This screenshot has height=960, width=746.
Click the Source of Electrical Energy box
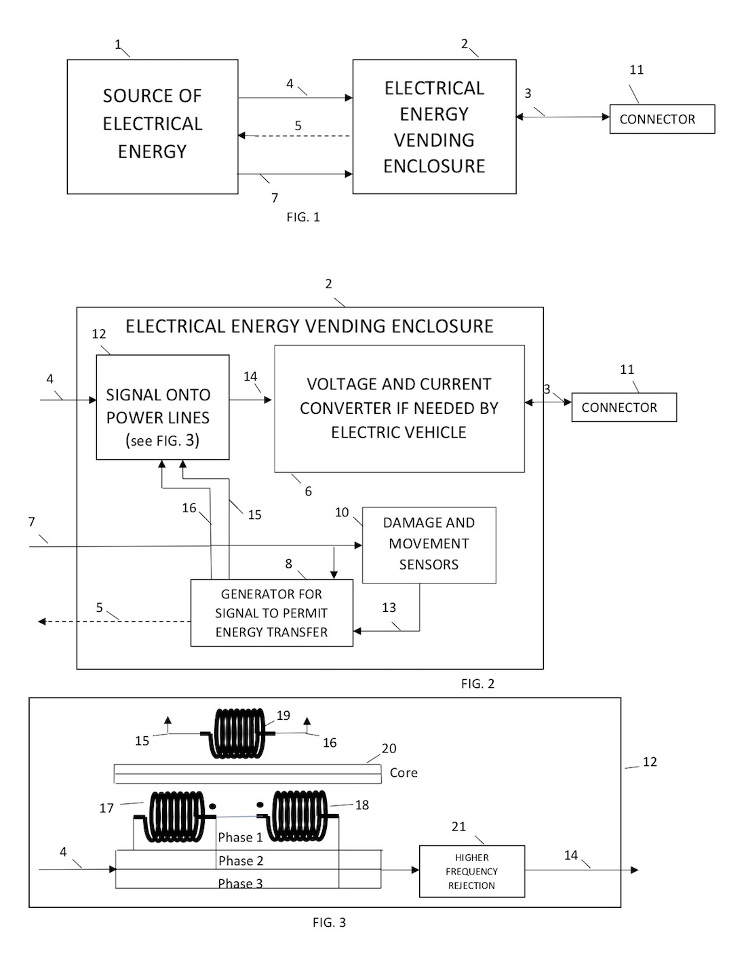tap(152, 126)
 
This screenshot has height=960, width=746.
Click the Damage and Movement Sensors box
tap(429, 545)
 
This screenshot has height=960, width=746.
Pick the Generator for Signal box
tap(271, 613)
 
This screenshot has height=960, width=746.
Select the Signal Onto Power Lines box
tap(162, 408)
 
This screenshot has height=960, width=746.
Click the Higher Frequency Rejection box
tap(471, 872)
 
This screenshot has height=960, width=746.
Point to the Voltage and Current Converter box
tap(399, 408)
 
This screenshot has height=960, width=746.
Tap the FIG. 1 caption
tap(303, 217)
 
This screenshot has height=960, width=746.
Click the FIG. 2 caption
tap(477, 684)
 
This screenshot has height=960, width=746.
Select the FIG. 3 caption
tap(329, 923)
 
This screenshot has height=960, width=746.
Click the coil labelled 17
tap(174, 816)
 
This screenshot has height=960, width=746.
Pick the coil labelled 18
tap(298, 816)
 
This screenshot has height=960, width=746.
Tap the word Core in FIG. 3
tap(404, 773)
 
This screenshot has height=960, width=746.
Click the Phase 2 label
tap(241, 861)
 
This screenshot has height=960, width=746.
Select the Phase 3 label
tap(240, 883)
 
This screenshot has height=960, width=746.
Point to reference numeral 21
tap(458, 826)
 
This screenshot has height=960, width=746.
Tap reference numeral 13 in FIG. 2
tap(389, 608)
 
